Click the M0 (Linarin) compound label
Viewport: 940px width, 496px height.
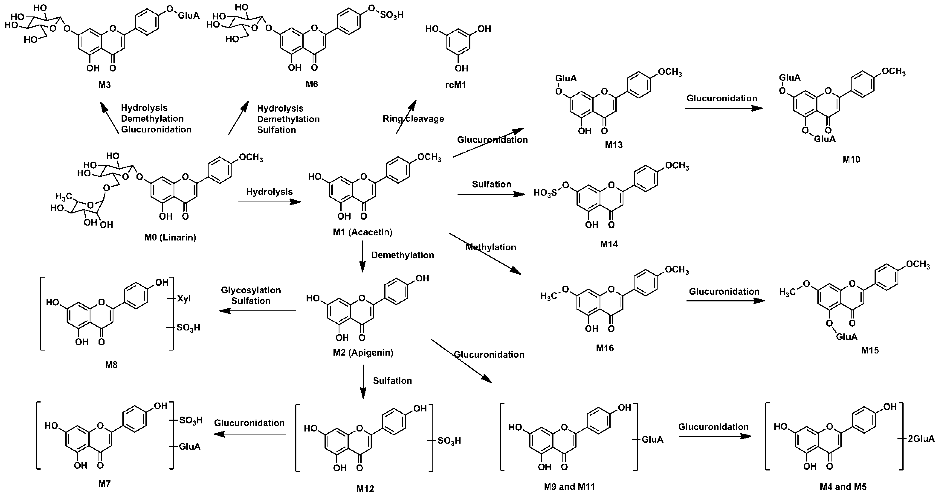point(170,237)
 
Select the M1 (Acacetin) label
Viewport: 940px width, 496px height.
point(362,232)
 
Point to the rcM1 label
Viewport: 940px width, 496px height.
point(456,85)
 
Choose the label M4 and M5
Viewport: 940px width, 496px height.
point(843,486)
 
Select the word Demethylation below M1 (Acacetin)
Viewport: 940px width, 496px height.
point(402,255)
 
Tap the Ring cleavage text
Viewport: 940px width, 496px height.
point(413,118)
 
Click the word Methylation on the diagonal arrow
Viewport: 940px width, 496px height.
point(491,247)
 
